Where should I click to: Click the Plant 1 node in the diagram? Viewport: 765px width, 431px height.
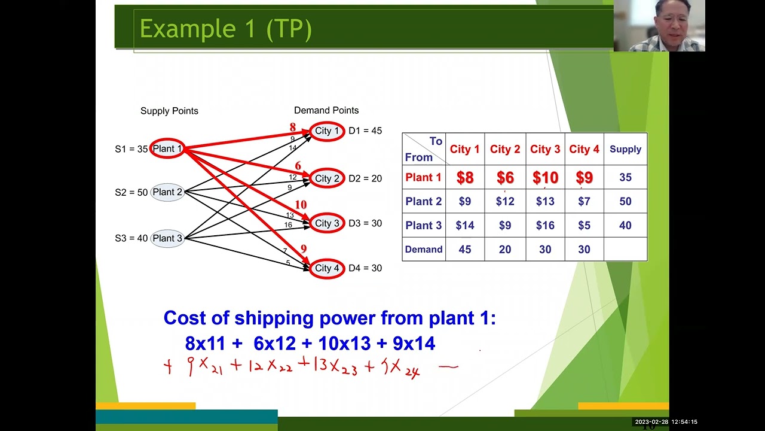(x=167, y=148)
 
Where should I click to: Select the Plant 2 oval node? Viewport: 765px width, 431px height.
(x=167, y=192)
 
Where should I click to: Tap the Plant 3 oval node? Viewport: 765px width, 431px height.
(x=167, y=238)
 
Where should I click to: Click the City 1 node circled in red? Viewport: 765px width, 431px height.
(x=327, y=131)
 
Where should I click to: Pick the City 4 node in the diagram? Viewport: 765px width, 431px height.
(x=327, y=268)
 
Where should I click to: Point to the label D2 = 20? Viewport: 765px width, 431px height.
(x=365, y=178)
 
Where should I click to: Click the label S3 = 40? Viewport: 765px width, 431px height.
(x=131, y=238)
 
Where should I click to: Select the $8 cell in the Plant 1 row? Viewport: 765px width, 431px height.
(x=464, y=178)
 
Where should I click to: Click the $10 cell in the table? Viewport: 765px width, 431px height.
(x=545, y=178)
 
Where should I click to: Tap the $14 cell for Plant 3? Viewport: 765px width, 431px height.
(x=464, y=226)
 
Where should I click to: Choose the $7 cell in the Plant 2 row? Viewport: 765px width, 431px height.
(x=584, y=202)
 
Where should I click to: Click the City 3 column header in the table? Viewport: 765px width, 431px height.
(x=545, y=149)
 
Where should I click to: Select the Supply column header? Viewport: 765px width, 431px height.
(x=625, y=149)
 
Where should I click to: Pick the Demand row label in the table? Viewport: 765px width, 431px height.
(x=423, y=250)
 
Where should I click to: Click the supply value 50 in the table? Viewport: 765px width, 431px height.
(x=625, y=202)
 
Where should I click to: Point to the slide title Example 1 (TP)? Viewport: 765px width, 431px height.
(x=225, y=29)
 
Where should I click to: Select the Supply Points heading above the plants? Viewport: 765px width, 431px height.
(x=169, y=111)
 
